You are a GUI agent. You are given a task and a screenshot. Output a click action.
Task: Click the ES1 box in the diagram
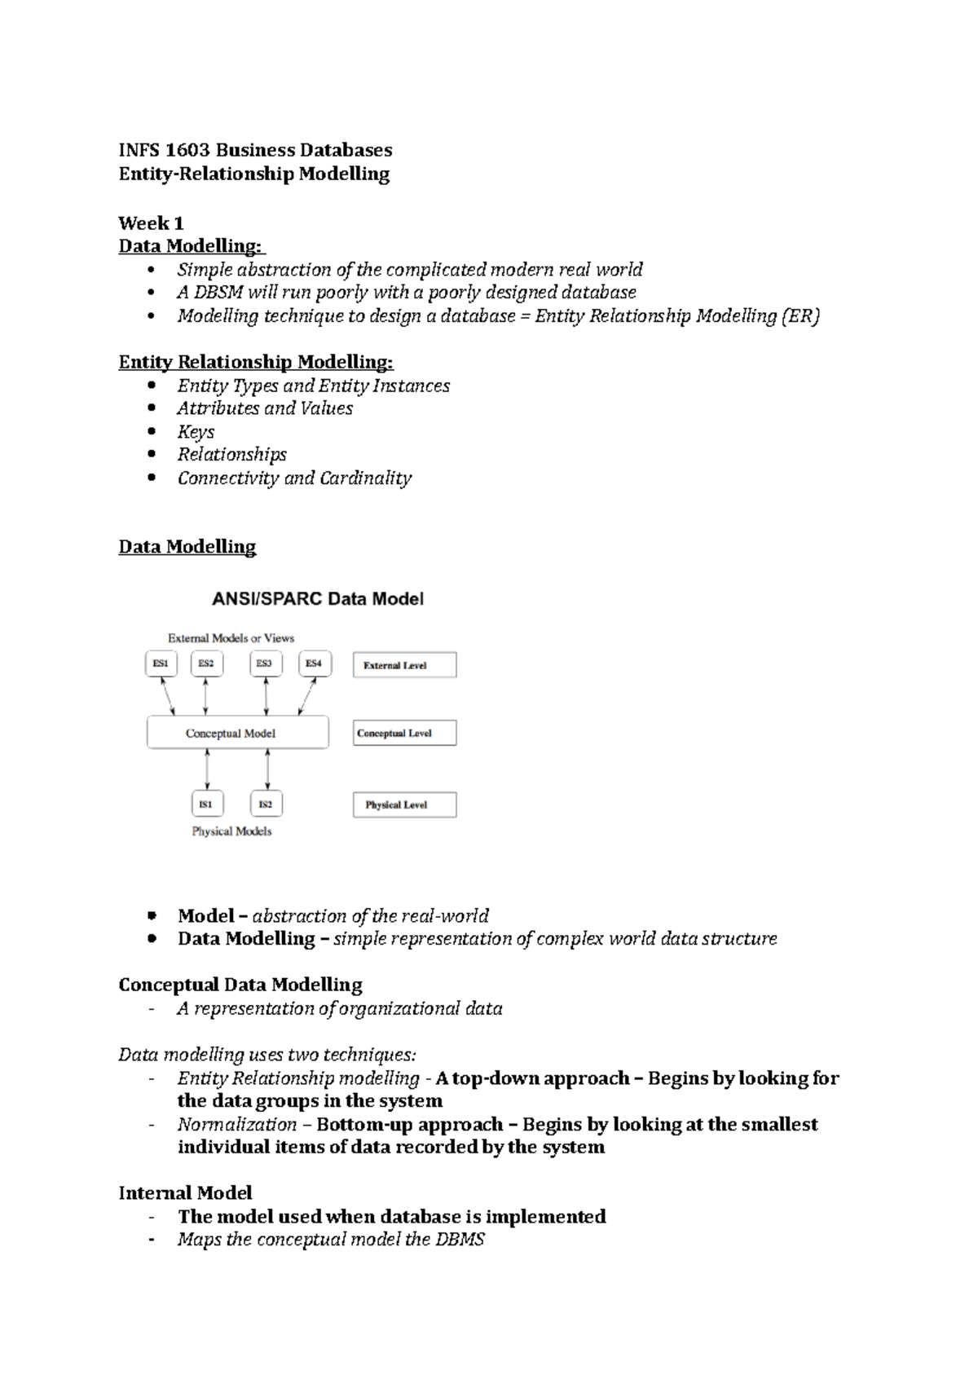point(161,664)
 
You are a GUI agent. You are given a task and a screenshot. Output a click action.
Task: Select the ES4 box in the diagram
point(314,664)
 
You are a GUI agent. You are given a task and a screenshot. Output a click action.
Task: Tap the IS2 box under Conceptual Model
point(266,804)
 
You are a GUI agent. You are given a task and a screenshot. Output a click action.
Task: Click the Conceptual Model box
point(237,733)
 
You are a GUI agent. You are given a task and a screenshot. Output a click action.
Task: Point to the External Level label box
point(404,665)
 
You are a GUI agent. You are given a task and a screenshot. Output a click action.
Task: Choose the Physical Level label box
point(404,804)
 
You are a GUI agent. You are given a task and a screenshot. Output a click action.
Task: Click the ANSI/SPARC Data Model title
point(318,599)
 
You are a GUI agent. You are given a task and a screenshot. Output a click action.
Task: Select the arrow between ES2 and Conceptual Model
point(205,696)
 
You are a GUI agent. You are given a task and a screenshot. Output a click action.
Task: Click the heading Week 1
point(151,223)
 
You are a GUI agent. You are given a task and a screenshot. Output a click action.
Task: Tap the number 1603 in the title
point(188,150)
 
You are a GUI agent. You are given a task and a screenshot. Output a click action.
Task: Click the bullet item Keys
point(196,432)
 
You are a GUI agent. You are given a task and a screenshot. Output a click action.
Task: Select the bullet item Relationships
point(232,455)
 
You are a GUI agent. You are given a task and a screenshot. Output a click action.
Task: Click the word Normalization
point(237,1125)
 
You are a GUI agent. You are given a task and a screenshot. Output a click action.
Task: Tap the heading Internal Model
point(185,1193)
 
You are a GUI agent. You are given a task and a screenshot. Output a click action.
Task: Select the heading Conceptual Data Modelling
point(240,985)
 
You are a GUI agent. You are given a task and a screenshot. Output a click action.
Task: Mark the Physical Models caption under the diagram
point(231,831)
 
